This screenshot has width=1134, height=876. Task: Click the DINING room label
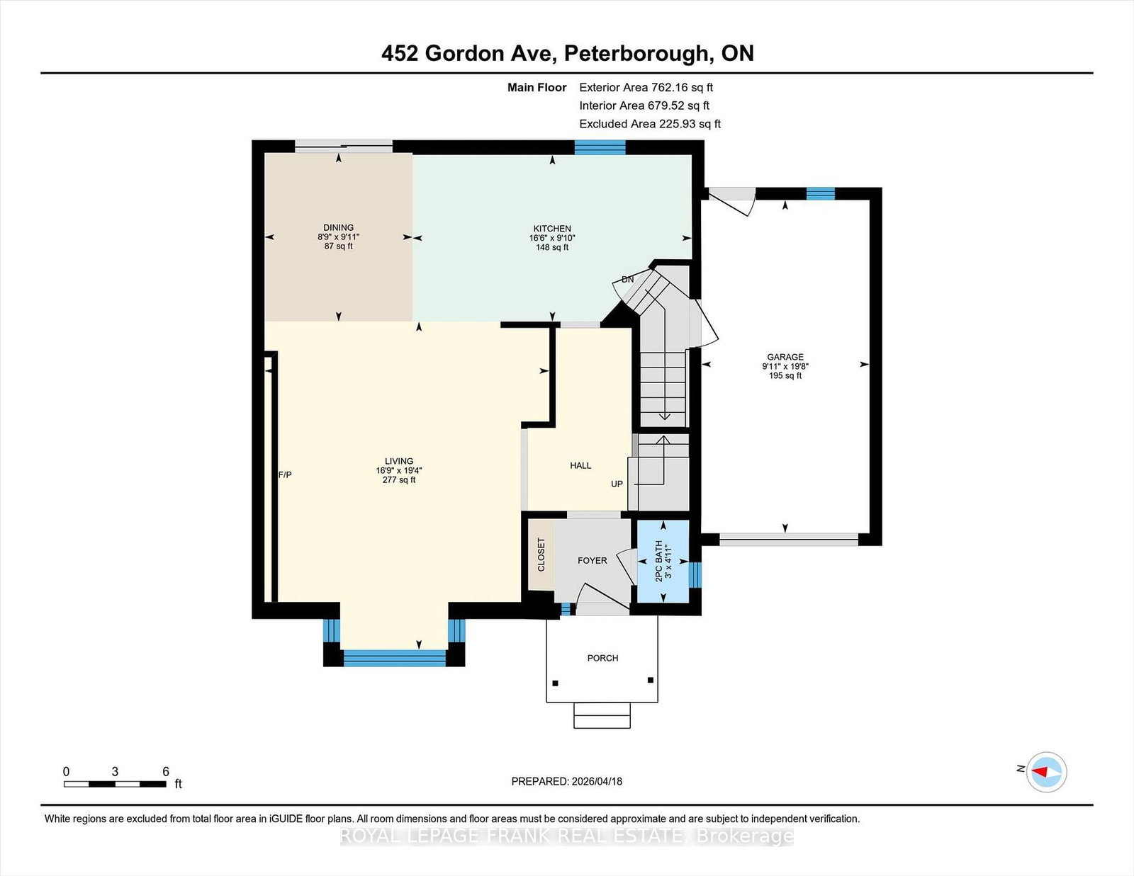pos(338,228)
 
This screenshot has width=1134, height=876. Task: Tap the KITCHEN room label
pos(552,229)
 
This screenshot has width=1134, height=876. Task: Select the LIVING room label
pos(399,461)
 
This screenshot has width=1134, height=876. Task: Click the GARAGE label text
pos(785,357)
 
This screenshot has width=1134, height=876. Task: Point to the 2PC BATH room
pos(663,561)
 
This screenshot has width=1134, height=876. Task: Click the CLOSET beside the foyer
pos(541,554)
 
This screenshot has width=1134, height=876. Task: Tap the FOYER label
pos(592,561)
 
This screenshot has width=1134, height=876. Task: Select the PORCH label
pos(602,658)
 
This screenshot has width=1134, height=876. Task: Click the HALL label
pos(580,465)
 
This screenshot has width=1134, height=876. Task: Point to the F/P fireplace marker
pos(285,474)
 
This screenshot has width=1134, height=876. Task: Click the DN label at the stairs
pos(627,280)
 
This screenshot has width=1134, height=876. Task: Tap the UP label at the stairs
pos(617,484)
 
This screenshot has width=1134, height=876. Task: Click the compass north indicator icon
pos(1047,771)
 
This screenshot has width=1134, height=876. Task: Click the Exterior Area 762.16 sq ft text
pos(646,88)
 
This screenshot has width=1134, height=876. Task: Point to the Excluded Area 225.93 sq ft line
pos(650,124)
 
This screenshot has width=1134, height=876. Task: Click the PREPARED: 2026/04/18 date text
pos(566,781)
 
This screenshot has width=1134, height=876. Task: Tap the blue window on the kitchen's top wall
pos(600,147)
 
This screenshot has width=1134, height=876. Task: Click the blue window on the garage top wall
pos(820,193)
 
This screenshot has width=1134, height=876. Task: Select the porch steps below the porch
pos(602,715)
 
